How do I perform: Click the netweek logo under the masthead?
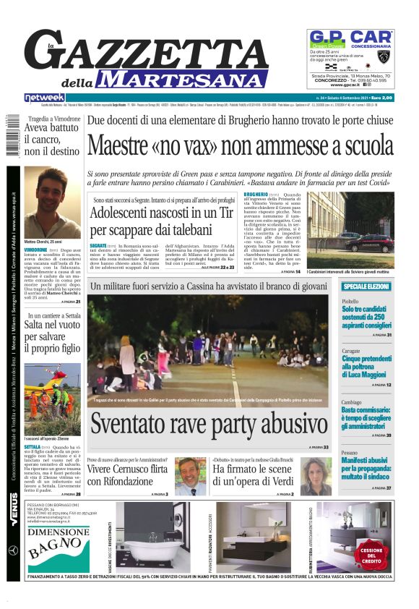pos(45,97)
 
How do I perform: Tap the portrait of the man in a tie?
pos(191,475)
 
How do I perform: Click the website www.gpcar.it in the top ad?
pos(350,85)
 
